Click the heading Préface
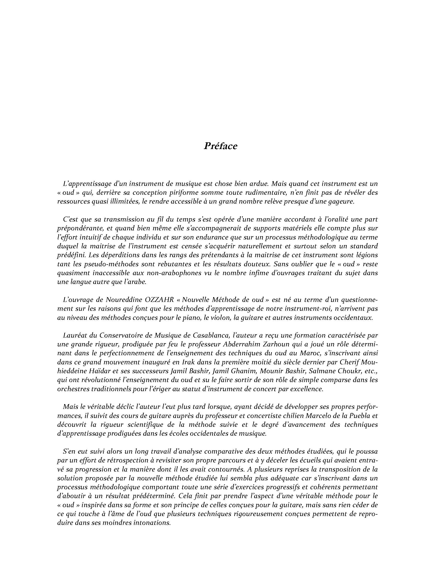pos(220,146)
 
